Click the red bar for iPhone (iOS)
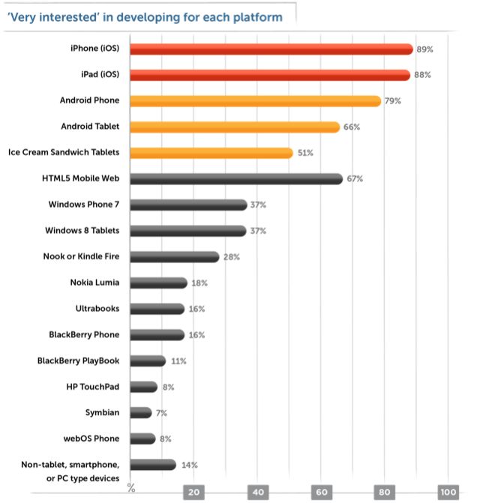(x=271, y=49)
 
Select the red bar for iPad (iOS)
(x=269, y=75)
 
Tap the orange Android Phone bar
(x=255, y=100)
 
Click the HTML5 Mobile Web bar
(x=235, y=178)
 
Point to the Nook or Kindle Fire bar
(x=174, y=256)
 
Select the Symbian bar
(x=140, y=412)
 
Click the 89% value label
(x=424, y=49)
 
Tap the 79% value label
(x=393, y=101)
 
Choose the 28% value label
(x=231, y=257)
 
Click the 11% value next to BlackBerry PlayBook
(x=178, y=361)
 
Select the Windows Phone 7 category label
(x=84, y=205)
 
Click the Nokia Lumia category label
(x=94, y=283)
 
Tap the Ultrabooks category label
(x=97, y=308)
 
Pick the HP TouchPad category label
(x=93, y=386)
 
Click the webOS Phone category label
(x=91, y=439)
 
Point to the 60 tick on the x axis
(x=322, y=493)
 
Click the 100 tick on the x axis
(x=448, y=493)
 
